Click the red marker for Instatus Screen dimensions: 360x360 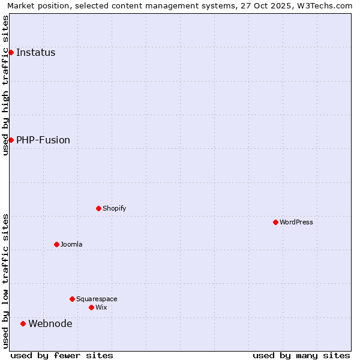tap(11, 52)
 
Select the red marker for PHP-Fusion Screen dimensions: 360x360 tap(11, 140)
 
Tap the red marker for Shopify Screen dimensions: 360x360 tap(98, 208)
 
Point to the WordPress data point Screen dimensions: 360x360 tap(275, 222)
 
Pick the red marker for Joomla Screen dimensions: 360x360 tap(56, 244)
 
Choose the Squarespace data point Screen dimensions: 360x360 tap(72, 299)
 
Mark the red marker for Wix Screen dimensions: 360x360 tap(91, 307)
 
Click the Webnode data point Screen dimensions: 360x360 tap(23, 323)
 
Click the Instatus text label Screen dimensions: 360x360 tap(36, 52)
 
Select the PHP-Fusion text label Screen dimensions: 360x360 tap(43, 140)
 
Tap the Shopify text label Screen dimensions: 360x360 tap(114, 208)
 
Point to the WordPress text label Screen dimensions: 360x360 tap(296, 222)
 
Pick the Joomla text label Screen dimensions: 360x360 tap(71, 244)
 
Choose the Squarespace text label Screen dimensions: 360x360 tap(97, 299)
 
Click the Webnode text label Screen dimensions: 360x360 tap(50, 323)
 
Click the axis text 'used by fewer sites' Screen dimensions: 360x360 tap(62, 355)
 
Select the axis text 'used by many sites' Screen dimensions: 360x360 tap(301, 355)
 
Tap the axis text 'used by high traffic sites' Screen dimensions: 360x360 tap(5, 85)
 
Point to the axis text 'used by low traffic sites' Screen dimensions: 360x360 tap(5, 281)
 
